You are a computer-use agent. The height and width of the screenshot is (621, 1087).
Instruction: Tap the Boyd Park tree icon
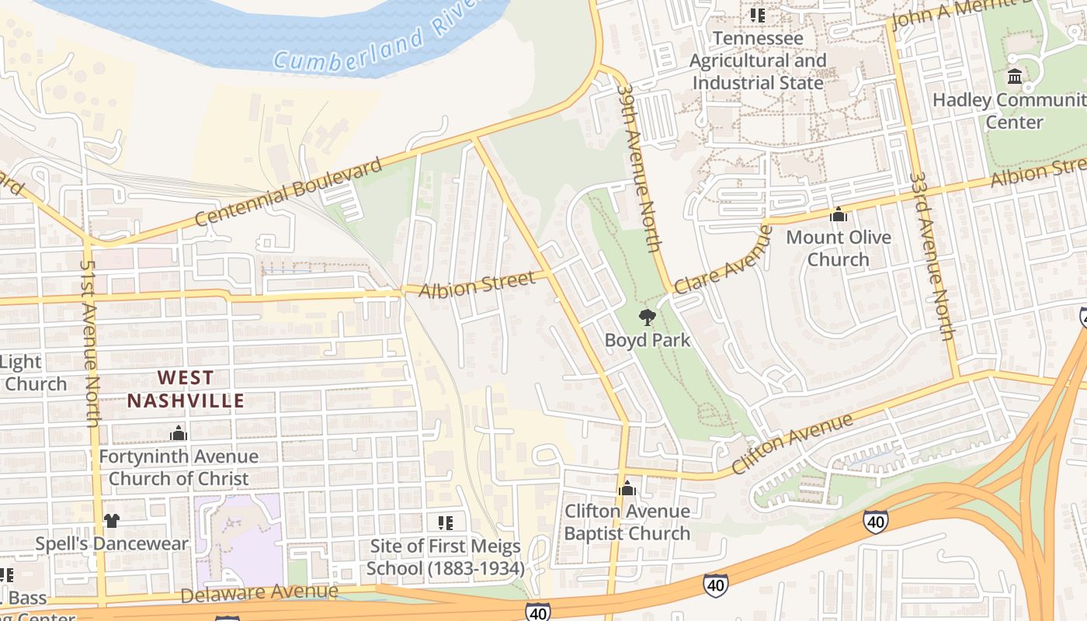pos(646,317)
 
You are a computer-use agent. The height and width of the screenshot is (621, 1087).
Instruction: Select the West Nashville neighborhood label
pos(186,390)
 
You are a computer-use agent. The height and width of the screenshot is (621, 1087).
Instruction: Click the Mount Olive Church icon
pos(839,214)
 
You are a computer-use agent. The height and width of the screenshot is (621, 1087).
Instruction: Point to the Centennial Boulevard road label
pos(288,192)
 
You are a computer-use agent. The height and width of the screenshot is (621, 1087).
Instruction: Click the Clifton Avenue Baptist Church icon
pos(627,488)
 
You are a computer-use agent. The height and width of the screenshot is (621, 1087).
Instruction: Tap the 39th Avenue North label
pos(639,168)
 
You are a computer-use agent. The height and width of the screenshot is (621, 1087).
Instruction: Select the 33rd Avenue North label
pos(932,256)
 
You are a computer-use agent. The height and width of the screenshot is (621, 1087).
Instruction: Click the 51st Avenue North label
pos(91,342)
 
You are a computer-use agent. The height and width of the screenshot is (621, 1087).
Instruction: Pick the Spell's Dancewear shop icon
pos(112,520)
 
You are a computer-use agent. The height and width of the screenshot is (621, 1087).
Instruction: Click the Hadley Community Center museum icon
pos(1015,77)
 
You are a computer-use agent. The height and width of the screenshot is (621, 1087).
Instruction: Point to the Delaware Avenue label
pos(259,593)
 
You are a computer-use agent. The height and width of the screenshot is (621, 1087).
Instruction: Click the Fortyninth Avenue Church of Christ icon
pos(179,433)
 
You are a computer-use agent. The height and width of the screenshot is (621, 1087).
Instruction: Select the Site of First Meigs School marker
pos(445,522)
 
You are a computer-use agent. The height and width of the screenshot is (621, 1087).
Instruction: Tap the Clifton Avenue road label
pos(792,445)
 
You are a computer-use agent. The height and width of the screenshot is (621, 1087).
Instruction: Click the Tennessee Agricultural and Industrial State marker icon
pos(758,15)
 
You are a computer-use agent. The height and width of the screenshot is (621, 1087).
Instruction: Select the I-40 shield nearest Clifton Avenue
pos(875,521)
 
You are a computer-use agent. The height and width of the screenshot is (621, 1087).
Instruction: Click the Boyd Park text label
pos(648,340)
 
